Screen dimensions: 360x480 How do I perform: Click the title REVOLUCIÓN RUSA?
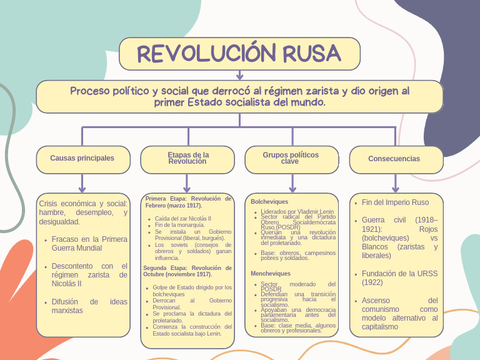pos(239,54)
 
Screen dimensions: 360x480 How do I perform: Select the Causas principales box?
pos(82,159)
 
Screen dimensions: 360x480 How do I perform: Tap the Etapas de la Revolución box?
pos(187,158)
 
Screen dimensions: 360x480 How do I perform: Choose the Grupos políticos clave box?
pos(291,158)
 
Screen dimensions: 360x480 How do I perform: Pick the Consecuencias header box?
pos(394,159)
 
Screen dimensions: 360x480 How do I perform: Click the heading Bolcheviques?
pos(269,202)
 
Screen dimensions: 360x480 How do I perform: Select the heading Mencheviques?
pos(271,274)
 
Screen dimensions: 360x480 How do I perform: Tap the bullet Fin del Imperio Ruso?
pos(396,202)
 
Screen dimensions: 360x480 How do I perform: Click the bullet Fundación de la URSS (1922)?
pos(399,278)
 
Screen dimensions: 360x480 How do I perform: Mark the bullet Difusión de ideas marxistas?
pos(89,306)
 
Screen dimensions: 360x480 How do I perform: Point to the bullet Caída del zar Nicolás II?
pos(183,219)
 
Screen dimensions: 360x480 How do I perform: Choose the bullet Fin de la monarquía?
pos(180,225)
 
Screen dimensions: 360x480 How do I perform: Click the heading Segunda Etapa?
pos(187,271)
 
